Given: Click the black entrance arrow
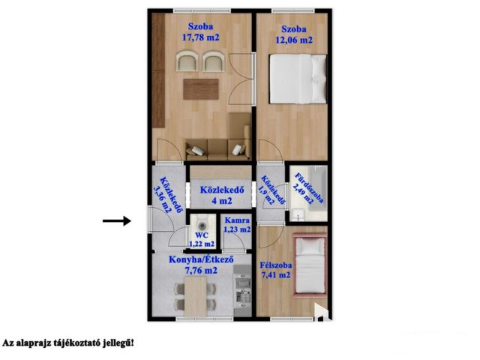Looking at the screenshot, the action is (117, 220).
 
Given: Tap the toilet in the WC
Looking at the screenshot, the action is (202, 223).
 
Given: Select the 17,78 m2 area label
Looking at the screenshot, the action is (201, 37).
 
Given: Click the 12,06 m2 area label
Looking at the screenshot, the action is (294, 40).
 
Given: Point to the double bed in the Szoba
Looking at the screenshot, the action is (298, 78).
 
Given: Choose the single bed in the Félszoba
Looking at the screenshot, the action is (310, 265).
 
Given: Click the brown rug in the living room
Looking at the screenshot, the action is (201, 89).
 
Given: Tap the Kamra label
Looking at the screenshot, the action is (237, 220).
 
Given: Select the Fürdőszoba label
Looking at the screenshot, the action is (308, 188).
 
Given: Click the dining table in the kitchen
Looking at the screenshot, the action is (196, 296).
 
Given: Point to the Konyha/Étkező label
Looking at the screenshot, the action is (201, 259).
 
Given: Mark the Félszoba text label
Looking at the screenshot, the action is (276, 265).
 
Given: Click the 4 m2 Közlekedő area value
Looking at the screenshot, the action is (222, 201).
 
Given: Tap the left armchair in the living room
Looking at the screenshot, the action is (187, 61).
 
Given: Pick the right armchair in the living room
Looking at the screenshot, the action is (214, 61).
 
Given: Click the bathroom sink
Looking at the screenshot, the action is (298, 214).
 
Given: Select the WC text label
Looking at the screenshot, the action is (202, 235).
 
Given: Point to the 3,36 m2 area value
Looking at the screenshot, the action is (162, 200).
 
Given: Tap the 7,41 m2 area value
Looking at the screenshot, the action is (275, 275).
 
